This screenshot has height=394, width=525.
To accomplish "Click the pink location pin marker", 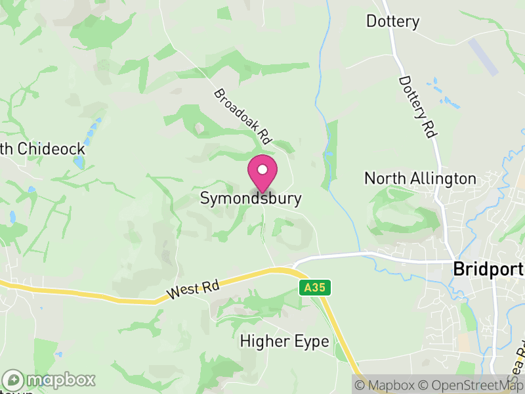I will pos(262,174).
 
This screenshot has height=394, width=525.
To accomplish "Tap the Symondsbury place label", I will pos(251,198).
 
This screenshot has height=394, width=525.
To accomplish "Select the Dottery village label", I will pos(392,22).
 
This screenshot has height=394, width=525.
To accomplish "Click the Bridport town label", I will pos(488,270).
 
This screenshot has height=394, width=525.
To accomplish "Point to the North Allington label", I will pos(420,179).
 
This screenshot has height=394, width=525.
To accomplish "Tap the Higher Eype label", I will pos(284,341).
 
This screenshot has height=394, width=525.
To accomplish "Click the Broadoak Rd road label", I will pos(243,117).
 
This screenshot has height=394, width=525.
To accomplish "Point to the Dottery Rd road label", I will pos(417,106).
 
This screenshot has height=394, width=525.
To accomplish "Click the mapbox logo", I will pos(49,380).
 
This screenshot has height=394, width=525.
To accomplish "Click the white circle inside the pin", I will pos(262,169).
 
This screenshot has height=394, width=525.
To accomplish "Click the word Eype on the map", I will pos(312,342).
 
